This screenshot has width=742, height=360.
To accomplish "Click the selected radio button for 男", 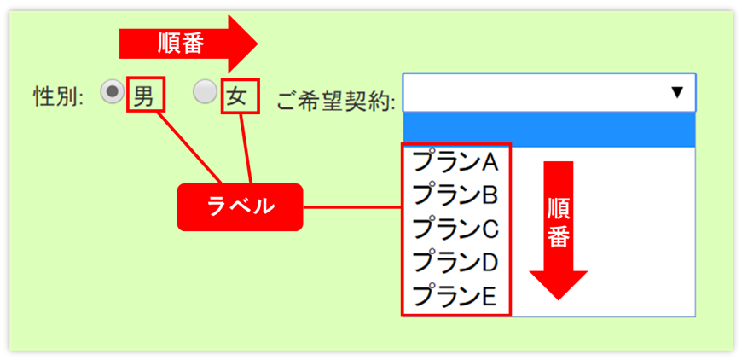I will click(x=112, y=91).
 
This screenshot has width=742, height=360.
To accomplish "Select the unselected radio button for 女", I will click(x=205, y=91).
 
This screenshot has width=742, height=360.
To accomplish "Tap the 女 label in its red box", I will click(x=240, y=96).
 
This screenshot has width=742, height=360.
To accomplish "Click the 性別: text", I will click(x=58, y=96).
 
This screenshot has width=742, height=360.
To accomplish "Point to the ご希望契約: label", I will click(x=336, y=101).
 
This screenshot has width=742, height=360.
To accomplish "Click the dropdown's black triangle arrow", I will click(x=678, y=92).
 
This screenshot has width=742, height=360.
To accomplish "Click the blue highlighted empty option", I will click(x=549, y=130).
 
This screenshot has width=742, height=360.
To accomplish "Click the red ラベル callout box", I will click(x=240, y=206).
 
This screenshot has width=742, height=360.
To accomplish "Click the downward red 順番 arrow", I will click(x=559, y=230).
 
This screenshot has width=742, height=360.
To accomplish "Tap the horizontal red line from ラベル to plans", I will click(x=351, y=206).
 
